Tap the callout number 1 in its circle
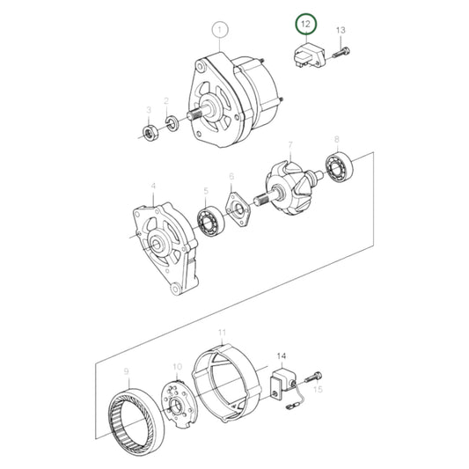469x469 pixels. coord(219,32)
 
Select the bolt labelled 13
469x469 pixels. coord(342,50)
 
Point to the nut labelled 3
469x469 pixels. coord(150,134)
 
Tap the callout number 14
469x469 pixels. coord(281,356)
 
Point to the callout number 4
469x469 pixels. coord(152,187)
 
